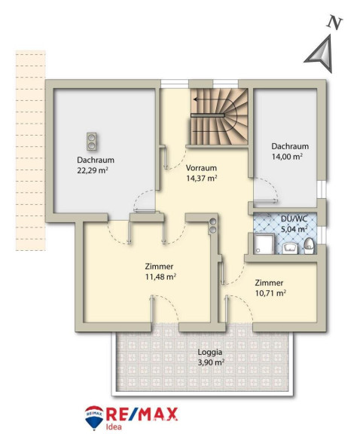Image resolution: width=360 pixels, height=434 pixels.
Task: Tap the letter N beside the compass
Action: pos(335,23)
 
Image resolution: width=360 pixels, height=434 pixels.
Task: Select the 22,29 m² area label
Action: pos(93,170)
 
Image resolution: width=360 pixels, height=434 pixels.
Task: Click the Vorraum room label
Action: pos(201,168)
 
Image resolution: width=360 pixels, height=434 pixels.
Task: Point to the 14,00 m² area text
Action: pos(287,157)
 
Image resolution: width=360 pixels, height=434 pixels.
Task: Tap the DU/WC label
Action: pos(294,219)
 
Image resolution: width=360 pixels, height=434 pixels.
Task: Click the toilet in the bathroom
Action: pos(309,246)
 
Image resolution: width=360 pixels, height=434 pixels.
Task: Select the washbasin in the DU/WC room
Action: pos(289,248)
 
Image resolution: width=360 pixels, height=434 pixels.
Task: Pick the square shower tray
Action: pos(264,243)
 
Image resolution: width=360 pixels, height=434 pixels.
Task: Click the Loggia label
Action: pos(209,352)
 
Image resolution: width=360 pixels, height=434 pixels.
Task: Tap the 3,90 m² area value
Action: pos(211,362)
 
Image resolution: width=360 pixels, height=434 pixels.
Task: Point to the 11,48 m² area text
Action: pos(160,277)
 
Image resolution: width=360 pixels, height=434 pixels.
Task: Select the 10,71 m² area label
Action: pos(270,293)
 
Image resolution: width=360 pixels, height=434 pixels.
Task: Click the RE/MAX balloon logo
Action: pos(94,417)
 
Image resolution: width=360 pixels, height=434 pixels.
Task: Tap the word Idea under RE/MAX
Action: pos(114,426)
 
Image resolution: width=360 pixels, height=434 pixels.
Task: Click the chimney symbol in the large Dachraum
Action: pos(91,141)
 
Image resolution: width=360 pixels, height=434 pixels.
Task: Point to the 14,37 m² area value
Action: pos(201,178)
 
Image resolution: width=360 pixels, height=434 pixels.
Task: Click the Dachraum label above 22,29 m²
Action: pos(96,160)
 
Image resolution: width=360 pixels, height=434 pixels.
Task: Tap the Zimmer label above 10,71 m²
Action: pos(269,283)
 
